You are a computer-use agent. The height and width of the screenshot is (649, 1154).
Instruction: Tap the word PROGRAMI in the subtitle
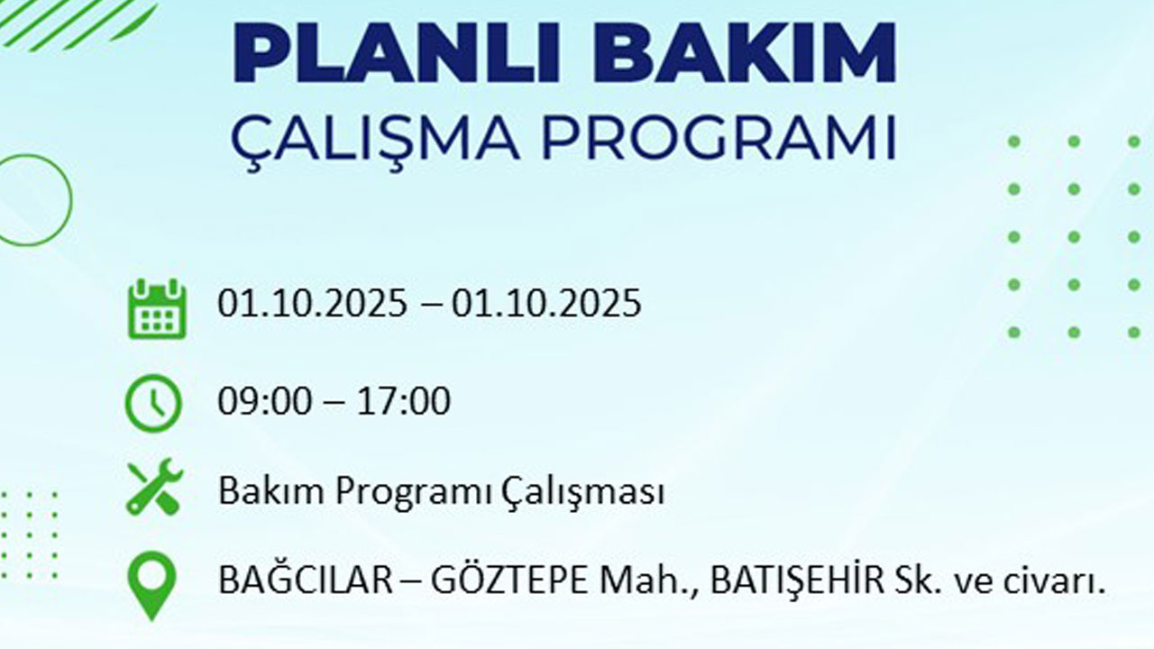720,136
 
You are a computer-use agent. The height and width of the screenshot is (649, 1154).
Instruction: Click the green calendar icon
157,308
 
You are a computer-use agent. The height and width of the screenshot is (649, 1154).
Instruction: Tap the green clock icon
153,403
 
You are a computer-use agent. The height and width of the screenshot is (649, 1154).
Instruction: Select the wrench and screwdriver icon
154,489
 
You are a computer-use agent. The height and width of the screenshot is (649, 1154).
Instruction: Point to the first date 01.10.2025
312,304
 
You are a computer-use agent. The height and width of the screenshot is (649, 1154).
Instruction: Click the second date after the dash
546,304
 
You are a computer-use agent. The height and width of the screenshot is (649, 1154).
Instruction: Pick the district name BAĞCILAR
305,581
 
